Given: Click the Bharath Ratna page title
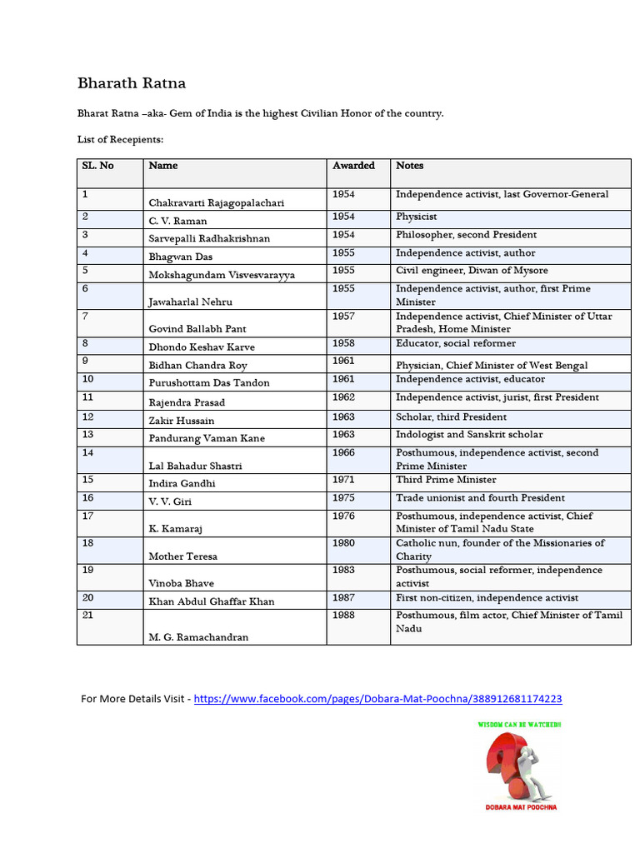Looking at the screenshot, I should tap(132, 83).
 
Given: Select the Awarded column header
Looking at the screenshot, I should tap(353, 166).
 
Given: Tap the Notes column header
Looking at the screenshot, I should tap(409, 166).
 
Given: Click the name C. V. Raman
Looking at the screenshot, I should tap(177, 221).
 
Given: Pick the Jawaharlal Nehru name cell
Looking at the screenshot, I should tap(190, 302).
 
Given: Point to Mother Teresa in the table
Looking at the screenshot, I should tap(182, 556).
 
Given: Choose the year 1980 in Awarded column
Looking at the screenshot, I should tap(343, 543).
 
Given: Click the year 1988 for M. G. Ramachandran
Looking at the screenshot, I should tap(343, 616).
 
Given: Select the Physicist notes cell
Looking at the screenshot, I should tap(416, 217).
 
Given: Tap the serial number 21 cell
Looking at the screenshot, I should tap(87, 616).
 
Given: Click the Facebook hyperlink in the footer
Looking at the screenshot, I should tap(377, 699).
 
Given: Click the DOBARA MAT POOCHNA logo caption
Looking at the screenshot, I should tap(522, 806).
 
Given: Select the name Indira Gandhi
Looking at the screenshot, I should tap(182, 483).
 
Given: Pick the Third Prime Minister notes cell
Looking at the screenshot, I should tap(446, 480).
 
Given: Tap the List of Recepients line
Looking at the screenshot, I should tap(121, 139).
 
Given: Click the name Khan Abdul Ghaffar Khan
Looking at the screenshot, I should tap(211, 601).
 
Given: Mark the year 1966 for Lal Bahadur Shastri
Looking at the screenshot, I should tap(343, 453).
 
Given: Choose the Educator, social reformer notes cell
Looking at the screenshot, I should tap(455, 343).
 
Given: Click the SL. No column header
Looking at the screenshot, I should tap(97, 166).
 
